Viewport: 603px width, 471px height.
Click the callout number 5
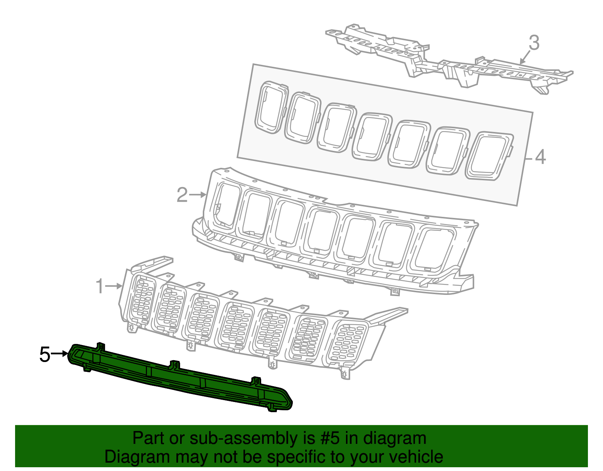(45, 355)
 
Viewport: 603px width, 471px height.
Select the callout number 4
(540, 157)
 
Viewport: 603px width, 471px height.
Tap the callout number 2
(182, 195)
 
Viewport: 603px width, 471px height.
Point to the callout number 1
(99, 287)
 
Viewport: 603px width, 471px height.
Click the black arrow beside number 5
(60, 354)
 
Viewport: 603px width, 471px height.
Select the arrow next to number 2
(198, 195)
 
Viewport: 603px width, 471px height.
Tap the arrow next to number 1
(114, 287)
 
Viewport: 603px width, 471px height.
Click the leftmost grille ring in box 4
(271, 107)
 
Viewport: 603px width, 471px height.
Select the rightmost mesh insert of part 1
(347, 342)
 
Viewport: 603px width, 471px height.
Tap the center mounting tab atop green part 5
(174, 365)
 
